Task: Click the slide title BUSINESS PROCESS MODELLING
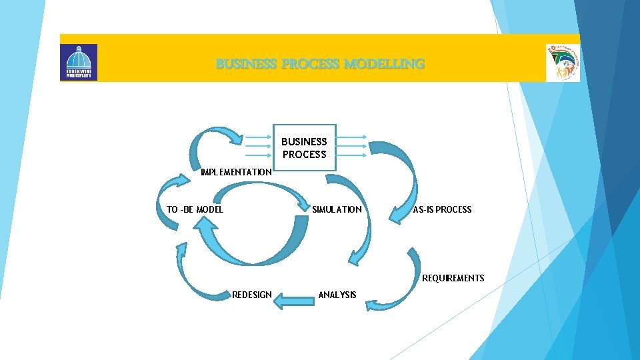tap(320, 65)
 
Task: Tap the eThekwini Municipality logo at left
tap(79, 62)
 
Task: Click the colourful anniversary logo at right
tap(562, 63)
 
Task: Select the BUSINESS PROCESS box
tap(304, 147)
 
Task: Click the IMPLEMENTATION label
tap(236, 172)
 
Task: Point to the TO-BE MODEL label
tap(195, 209)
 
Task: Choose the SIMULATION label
tap(337, 209)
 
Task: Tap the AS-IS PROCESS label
tap(442, 209)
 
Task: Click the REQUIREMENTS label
tap(453, 278)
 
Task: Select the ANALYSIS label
tap(337, 295)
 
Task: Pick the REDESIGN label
tap(251, 295)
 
